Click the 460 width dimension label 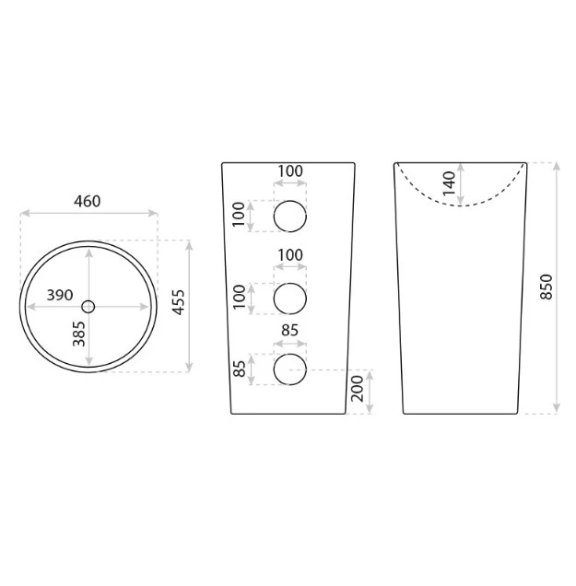coord(88,202)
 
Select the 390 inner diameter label coord(60,295)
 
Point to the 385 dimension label coord(79,334)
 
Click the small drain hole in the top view coord(88,307)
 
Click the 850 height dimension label coord(547,287)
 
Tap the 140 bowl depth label coord(450,182)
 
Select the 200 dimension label coord(358,389)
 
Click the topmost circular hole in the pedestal coord(290,216)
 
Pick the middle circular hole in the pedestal coord(290,299)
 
